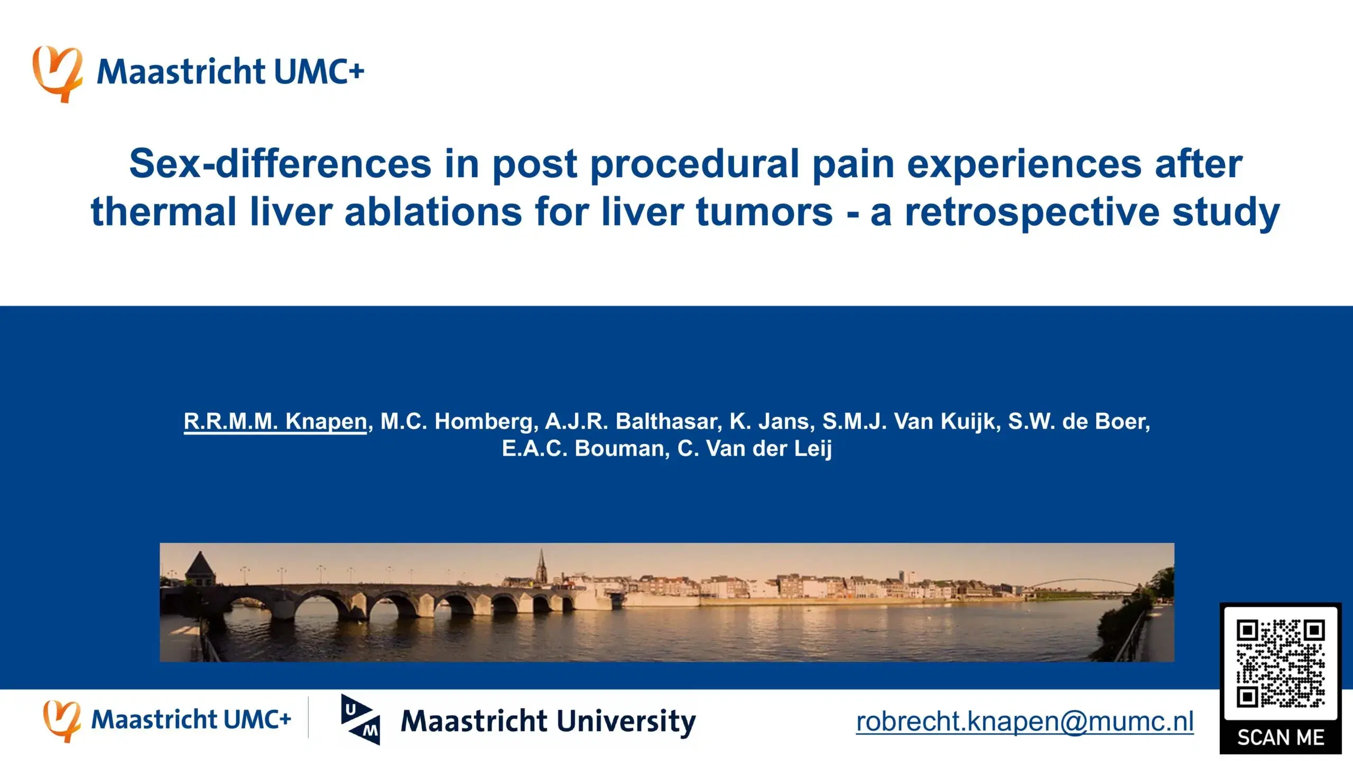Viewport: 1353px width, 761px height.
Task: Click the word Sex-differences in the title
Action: coord(280,164)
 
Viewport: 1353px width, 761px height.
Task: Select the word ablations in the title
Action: coord(433,212)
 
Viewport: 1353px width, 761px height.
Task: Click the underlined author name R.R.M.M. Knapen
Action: coord(275,422)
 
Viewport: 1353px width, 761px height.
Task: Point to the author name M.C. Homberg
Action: coord(459,422)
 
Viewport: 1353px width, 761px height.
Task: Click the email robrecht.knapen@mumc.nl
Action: coord(1024,721)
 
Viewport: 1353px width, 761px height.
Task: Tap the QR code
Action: coord(1280,664)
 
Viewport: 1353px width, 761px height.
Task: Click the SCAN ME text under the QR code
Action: coord(1280,737)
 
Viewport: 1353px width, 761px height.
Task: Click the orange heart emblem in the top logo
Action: coord(57,73)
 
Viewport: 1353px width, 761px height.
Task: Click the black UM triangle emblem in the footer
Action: coord(361,720)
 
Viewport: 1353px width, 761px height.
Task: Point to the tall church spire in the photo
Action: coord(541,568)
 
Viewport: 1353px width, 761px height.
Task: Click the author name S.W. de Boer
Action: coord(1078,422)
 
